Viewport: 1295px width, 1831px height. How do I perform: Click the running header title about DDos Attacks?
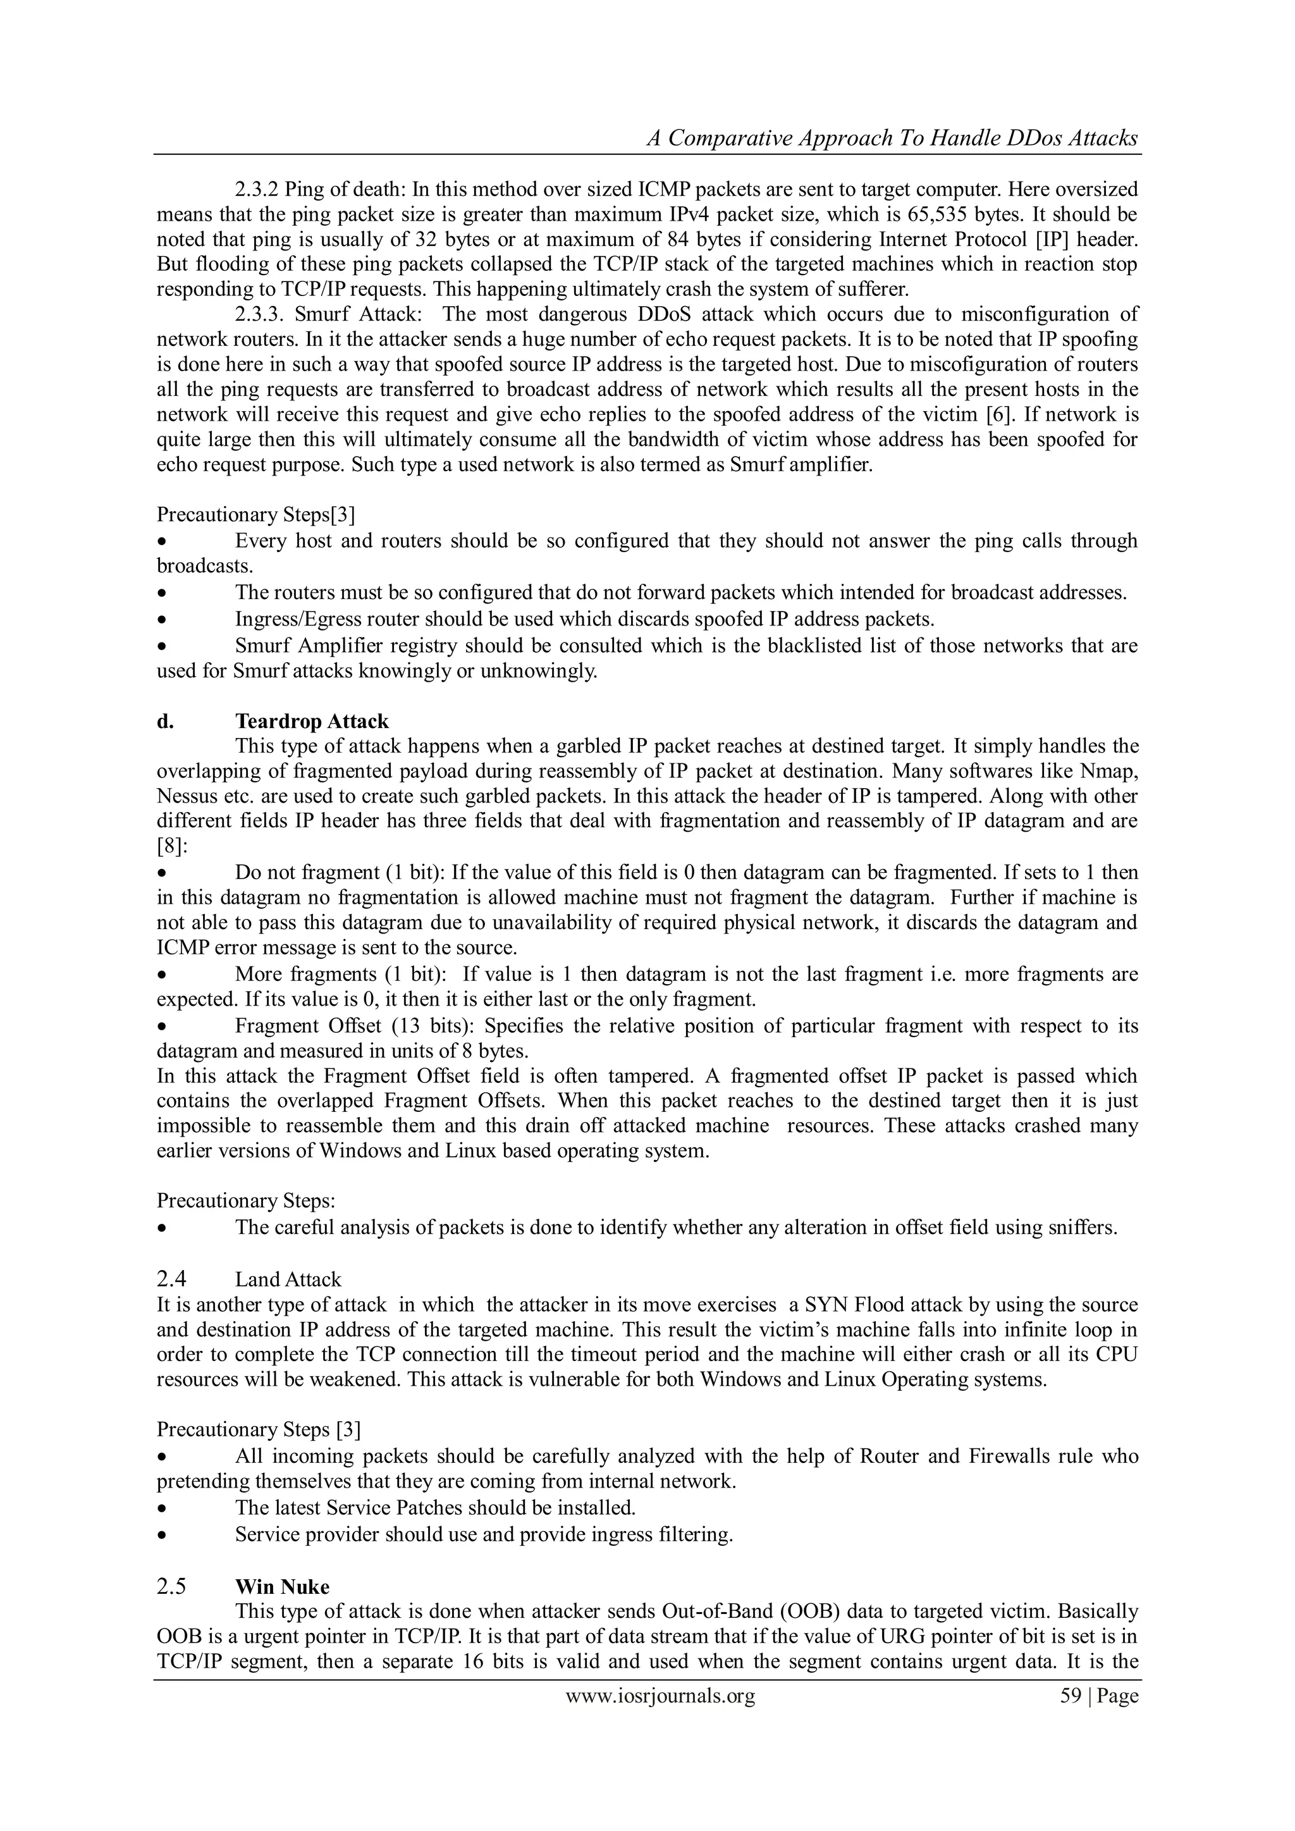892,139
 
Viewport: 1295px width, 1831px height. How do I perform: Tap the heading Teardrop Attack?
312,722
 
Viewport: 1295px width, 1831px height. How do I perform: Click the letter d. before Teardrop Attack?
165,722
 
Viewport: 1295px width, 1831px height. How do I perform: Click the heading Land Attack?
288,1279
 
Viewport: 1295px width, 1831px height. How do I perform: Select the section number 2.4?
171,1279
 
